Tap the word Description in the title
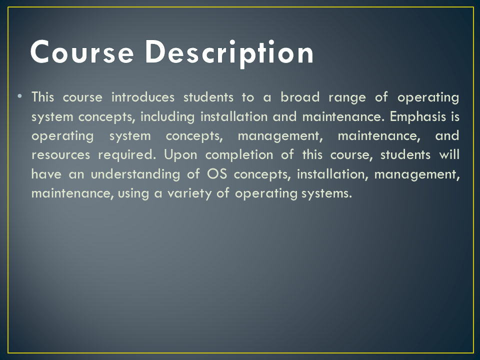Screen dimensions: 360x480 coord(229,52)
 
